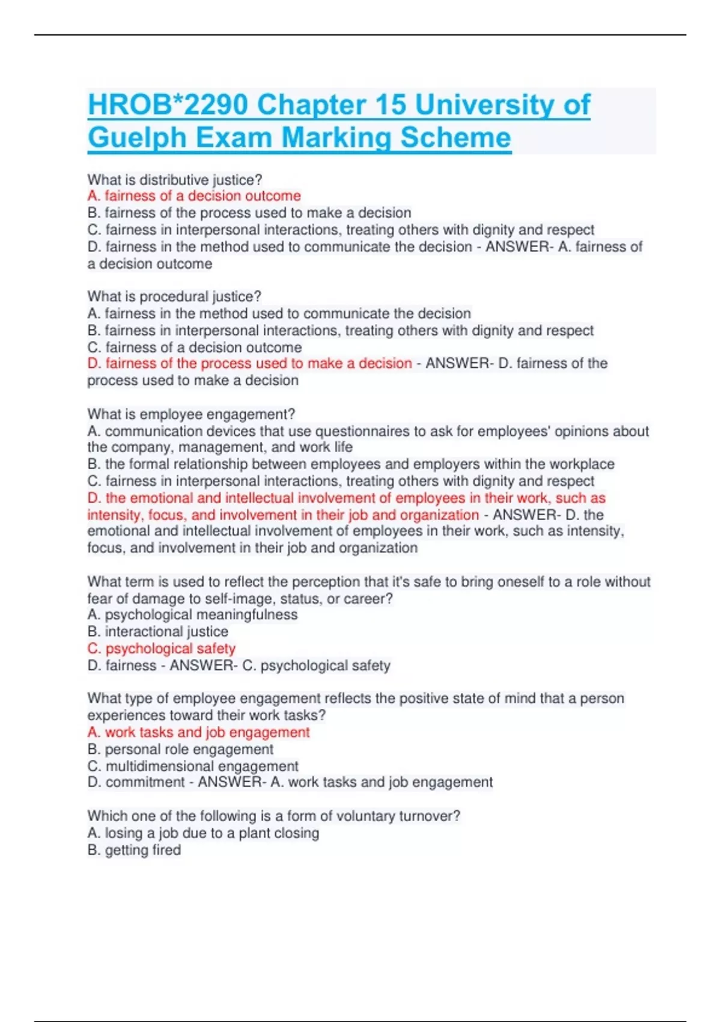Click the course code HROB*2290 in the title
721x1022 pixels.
pos(168,105)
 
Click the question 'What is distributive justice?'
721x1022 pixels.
pos(175,180)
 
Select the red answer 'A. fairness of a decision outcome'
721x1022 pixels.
pos(194,196)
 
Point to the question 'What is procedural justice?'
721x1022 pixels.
pos(174,296)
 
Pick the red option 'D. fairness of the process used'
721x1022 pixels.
pos(250,364)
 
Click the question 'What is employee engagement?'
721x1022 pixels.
pos(191,414)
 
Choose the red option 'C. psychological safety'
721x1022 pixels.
pos(162,649)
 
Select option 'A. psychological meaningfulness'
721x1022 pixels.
pos(192,615)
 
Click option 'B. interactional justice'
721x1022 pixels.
pos(158,632)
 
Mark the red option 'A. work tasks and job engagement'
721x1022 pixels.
pos(198,732)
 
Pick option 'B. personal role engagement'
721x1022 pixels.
pos(180,749)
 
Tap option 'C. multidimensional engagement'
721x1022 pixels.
pos(193,766)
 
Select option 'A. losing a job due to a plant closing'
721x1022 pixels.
pos(203,833)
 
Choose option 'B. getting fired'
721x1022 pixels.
pos(134,850)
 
